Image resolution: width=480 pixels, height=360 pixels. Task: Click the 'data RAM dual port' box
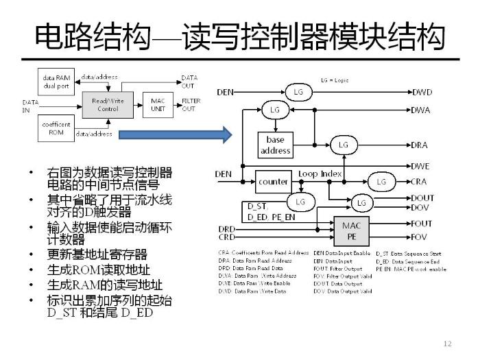[56, 82]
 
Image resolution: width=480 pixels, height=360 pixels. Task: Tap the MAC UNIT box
[158, 104]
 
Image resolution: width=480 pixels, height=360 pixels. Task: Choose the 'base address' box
[276, 145]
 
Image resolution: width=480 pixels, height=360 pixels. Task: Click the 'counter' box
[273, 182]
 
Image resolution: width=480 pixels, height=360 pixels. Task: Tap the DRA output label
[420, 145]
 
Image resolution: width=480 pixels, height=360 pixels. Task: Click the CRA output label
[420, 182]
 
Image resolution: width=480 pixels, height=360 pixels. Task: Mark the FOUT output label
[422, 224]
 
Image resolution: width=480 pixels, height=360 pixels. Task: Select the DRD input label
[227, 228]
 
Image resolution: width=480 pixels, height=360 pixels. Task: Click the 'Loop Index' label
[320, 174]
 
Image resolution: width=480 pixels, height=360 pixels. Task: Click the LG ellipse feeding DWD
[298, 91]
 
